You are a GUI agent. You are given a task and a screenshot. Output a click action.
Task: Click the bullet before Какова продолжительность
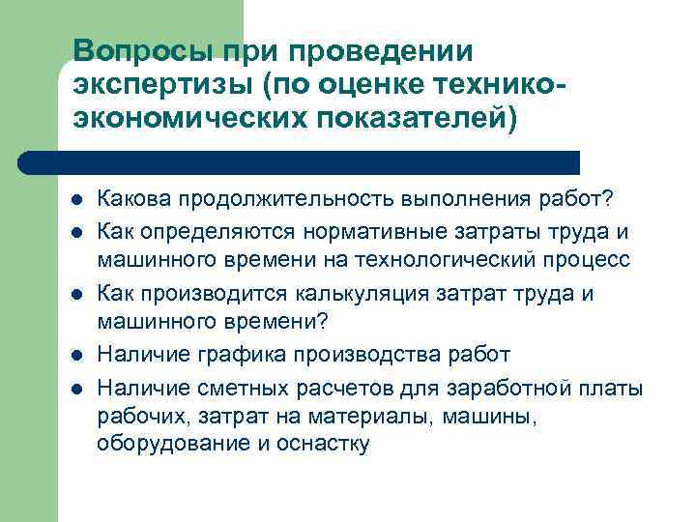76,200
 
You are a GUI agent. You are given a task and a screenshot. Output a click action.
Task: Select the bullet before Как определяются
76,233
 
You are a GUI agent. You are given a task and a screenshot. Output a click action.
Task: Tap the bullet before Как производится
76,294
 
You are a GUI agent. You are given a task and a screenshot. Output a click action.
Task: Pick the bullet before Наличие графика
76,356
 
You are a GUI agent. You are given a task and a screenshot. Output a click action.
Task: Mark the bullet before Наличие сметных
76,387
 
